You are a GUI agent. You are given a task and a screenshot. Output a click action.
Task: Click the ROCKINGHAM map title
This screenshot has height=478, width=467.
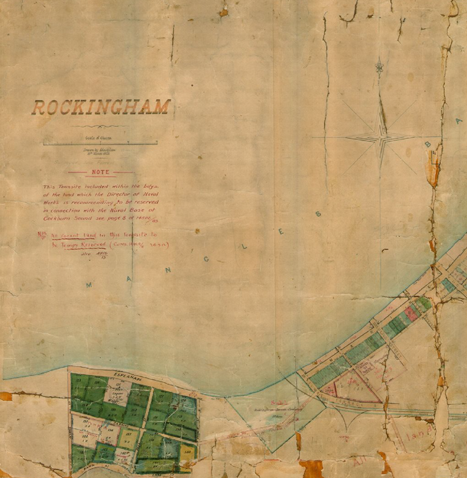point(100,108)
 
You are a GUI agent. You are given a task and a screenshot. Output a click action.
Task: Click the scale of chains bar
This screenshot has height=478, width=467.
point(100,143)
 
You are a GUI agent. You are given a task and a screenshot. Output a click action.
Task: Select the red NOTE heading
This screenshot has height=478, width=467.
point(101,172)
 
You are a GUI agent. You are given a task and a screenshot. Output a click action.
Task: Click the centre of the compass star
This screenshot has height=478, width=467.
point(381,138)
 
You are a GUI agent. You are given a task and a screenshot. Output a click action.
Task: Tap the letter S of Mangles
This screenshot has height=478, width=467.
point(317,214)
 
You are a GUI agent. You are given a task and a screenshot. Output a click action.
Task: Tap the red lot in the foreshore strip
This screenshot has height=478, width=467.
point(411,314)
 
